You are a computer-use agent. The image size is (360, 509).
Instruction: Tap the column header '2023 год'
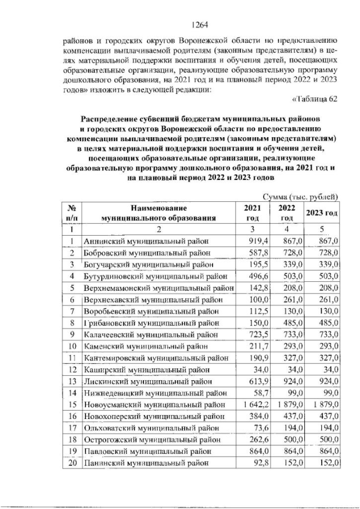(x=321, y=213)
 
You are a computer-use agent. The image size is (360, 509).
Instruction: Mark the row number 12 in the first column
(x=72, y=370)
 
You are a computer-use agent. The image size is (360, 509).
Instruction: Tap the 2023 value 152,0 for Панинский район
(x=326, y=465)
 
